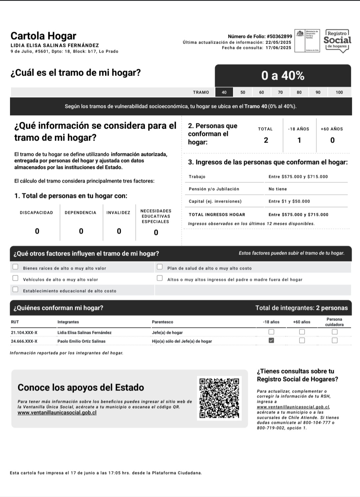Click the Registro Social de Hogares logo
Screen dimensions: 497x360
(337, 41)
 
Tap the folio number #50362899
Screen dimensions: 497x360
(279, 36)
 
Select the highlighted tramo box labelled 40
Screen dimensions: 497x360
(224, 92)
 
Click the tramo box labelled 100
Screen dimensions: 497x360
(339, 92)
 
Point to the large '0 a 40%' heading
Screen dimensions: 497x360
(283, 76)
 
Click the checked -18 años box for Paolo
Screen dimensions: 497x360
(271, 340)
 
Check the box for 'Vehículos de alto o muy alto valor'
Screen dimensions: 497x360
(15, 278)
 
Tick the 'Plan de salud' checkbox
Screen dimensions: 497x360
(160, 267)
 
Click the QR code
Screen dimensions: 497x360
(219, 398)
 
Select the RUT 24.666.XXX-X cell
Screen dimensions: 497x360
(24, 341)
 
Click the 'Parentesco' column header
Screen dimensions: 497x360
(162, 322)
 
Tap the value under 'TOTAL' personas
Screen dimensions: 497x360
(266, 140)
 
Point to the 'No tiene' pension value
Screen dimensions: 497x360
(278, 189)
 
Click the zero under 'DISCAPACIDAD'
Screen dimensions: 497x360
(37, 231)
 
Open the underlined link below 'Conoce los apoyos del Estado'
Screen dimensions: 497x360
(57, 413)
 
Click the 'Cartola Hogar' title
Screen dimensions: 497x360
(43, 36)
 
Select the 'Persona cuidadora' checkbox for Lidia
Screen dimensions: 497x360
(334, 332)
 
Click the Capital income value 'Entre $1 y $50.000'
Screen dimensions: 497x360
(289, 201)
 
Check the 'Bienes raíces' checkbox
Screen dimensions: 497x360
(15, 267)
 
